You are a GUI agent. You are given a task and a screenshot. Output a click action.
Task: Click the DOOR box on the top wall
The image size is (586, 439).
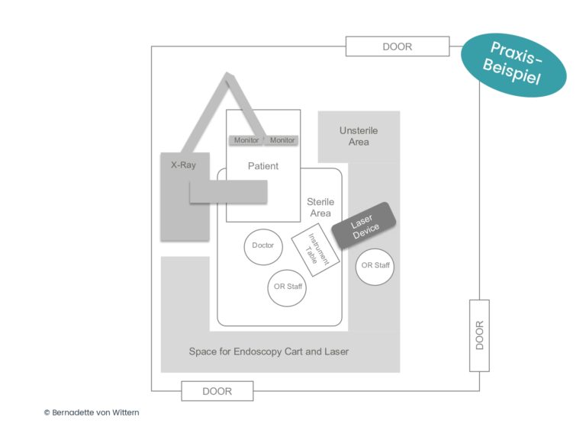coord(398,46)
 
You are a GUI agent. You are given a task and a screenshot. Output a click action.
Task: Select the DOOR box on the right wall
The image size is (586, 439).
coord(479,335)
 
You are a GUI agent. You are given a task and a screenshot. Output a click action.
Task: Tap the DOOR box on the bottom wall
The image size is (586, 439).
coord(217,391)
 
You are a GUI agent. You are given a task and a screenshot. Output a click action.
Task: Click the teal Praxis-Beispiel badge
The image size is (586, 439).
coord(514,64)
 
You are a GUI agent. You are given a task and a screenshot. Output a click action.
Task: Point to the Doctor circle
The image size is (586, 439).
coord(263,247)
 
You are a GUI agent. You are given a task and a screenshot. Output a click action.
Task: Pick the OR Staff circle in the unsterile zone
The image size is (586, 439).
coord(375,267)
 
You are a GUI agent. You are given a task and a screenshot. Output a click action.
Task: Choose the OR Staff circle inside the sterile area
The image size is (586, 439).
coord(287,288)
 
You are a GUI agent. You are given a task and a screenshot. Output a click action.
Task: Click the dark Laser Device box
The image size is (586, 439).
coord(364,226)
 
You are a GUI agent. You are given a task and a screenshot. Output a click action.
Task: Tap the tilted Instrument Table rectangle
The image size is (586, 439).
coord(315,250)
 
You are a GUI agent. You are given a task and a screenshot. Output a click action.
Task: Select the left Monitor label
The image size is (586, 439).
coord(246,140)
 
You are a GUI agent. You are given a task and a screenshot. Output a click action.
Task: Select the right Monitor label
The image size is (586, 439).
coord(282,140)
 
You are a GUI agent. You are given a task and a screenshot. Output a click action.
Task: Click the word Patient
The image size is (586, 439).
coord(263,165)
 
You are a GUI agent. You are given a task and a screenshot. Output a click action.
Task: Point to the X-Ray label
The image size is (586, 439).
coord(183,165)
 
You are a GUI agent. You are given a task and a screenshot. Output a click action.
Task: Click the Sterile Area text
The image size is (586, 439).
coord(320,207)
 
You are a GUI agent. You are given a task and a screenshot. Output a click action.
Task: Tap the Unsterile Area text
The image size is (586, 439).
coord(359,136)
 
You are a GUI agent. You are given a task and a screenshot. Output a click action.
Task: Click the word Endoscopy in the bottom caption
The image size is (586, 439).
coord(257,351)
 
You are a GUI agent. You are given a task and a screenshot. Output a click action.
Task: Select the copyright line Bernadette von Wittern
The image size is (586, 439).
coord(92,412)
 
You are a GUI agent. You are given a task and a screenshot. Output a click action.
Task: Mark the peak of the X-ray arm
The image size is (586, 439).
coord(227,73)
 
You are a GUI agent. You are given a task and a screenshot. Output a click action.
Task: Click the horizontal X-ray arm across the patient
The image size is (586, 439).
coord(228,192)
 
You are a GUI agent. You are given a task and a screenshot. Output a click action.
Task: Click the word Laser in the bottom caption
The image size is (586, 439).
coord(336,351)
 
